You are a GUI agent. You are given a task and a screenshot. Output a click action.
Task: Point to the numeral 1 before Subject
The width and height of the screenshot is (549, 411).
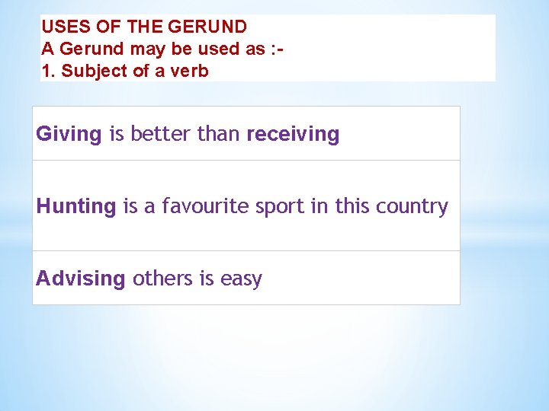click(46, 72)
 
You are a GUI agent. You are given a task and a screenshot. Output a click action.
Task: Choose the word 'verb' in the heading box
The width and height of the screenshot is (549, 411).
click(189, 72)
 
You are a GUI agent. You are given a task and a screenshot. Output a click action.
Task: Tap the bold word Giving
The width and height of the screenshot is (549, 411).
click(69, 135)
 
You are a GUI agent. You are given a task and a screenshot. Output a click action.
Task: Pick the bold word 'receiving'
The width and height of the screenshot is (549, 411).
click(293, 135)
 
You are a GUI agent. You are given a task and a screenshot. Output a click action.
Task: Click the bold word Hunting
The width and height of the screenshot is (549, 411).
click(76, 206)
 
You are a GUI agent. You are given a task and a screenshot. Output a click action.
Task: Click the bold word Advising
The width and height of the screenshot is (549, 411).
click(80, 279)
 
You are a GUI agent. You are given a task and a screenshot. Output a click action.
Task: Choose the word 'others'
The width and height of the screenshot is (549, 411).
click(163, 279)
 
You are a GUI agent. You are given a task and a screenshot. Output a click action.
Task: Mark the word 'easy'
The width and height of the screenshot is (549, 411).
click(241, 279)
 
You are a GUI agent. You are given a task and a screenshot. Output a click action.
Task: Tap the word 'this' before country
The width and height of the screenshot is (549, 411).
click(351, 206)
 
